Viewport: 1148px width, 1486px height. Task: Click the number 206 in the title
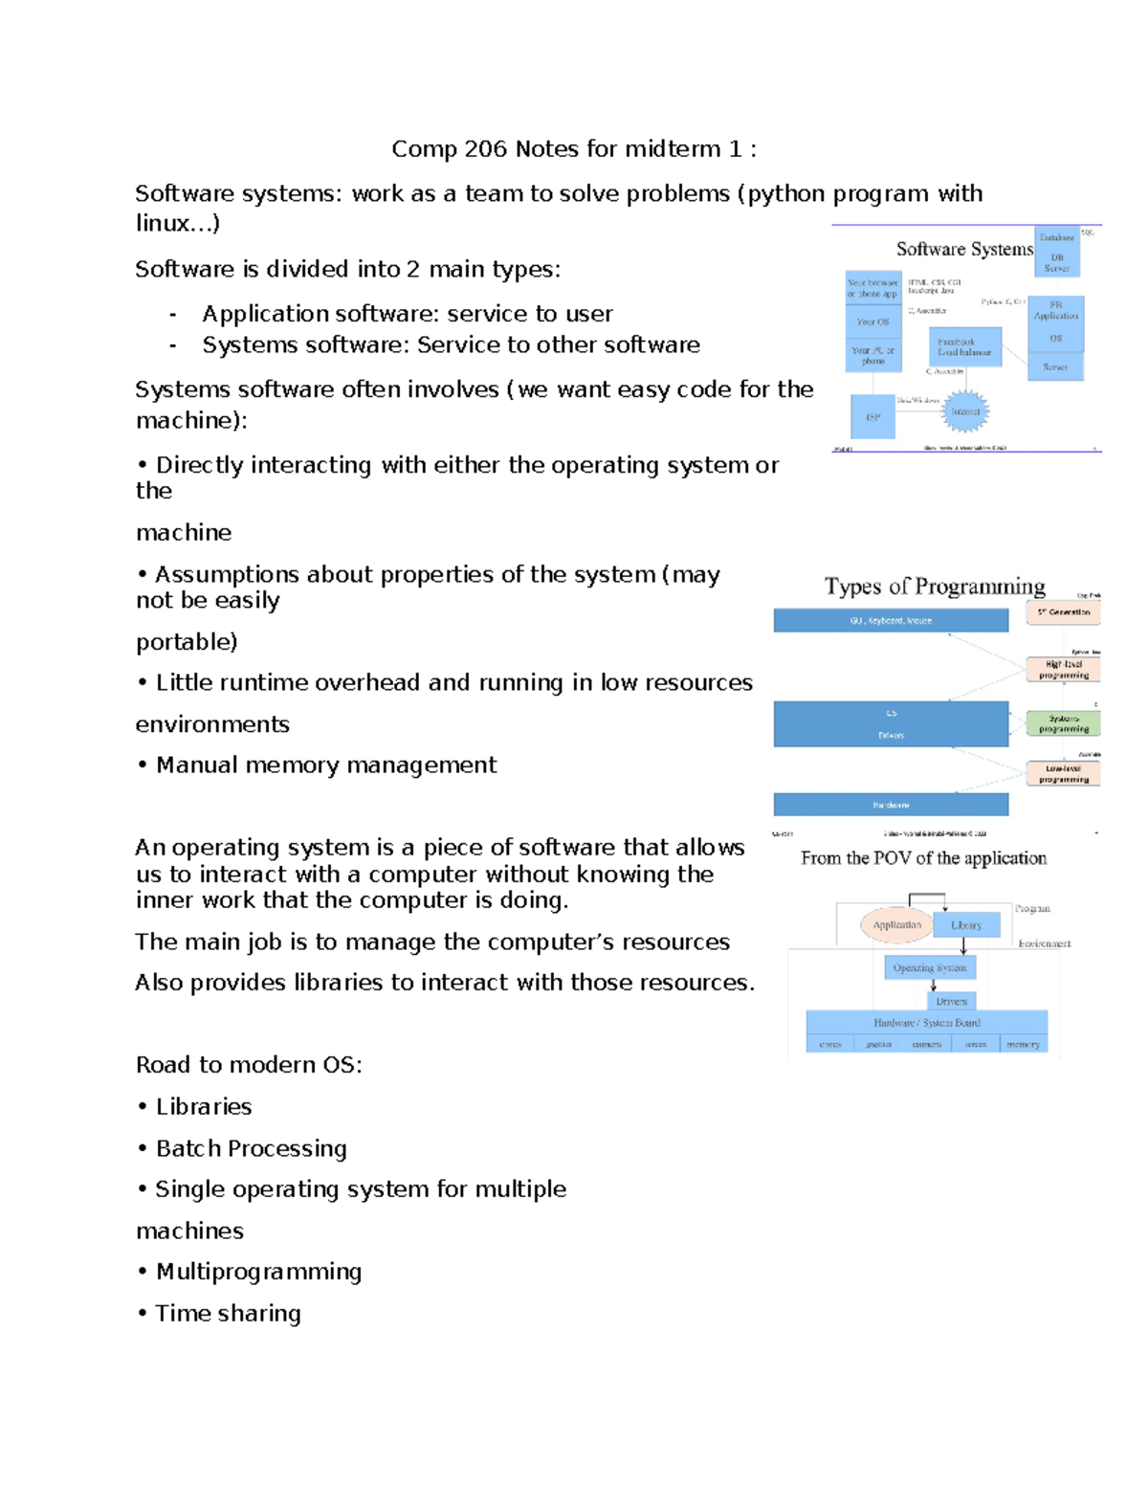486,149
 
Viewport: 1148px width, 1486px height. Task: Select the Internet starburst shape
964,411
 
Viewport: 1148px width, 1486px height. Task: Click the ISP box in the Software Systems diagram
872,417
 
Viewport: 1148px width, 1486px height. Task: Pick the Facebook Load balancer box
964,346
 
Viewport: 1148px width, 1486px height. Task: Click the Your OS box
872,322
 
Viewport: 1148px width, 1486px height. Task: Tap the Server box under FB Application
1055,366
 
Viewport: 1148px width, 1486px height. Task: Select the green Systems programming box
1063,723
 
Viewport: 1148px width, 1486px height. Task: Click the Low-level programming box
1063,773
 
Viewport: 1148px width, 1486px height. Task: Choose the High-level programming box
1063,669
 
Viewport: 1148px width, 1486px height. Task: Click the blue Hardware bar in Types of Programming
891,805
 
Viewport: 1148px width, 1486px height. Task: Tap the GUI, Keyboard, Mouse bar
891,621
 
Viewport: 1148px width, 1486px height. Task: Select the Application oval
896,924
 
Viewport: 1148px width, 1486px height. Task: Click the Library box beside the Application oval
965,925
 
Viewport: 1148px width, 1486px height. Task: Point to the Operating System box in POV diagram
929,967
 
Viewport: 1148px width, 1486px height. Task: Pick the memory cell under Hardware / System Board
1023,1044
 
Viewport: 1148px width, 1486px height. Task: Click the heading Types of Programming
935,586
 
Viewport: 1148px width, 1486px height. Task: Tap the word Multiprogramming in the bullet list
258,1272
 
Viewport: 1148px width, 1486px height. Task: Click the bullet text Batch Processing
251,1148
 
